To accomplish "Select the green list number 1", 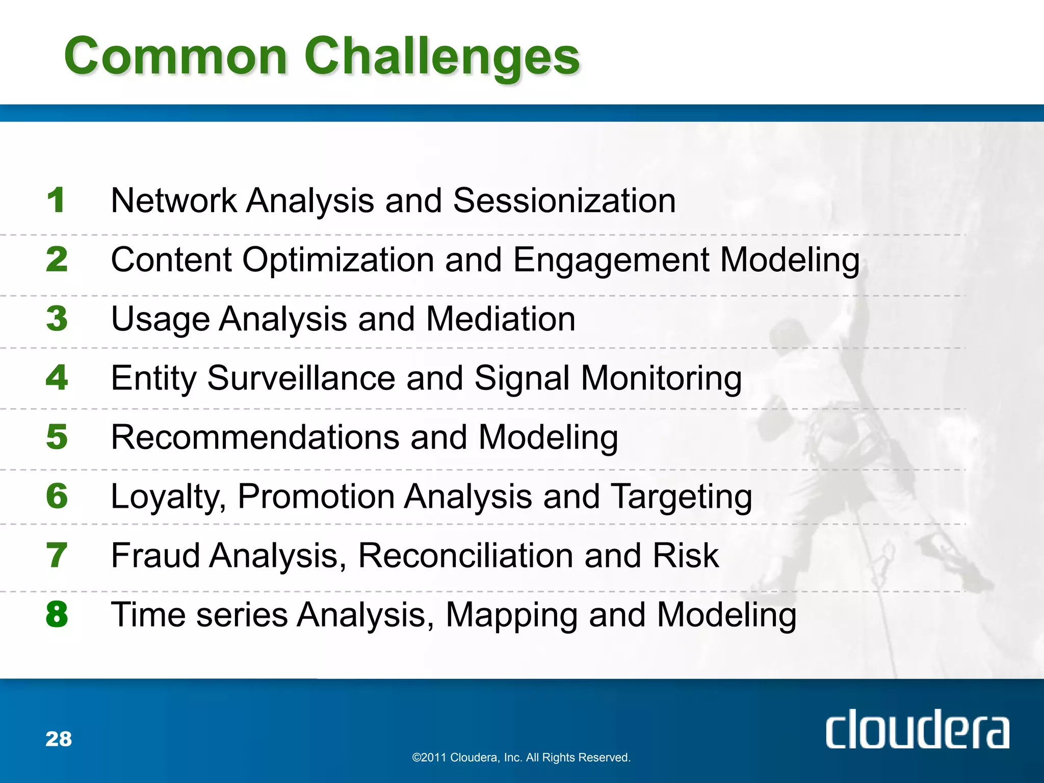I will [56, 200].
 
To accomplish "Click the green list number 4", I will [56, 378].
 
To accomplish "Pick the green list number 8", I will [56, 614].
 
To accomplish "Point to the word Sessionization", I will [564, 200].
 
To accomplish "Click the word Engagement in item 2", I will [611, 260].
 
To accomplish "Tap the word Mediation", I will [501, 319].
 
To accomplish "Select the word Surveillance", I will [301, 378].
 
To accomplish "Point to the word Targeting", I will [681, 497].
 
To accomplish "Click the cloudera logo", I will [917, 729].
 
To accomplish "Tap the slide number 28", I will [59, 739].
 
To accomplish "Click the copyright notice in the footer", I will [521, 758].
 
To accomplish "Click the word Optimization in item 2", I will [337, 260].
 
